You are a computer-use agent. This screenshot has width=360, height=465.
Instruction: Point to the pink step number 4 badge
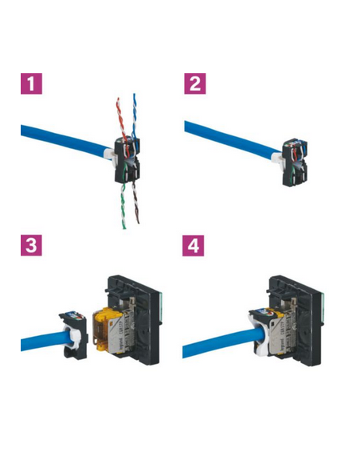pos(194,246)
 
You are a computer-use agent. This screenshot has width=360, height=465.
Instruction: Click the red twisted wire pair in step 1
pos(119,117)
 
